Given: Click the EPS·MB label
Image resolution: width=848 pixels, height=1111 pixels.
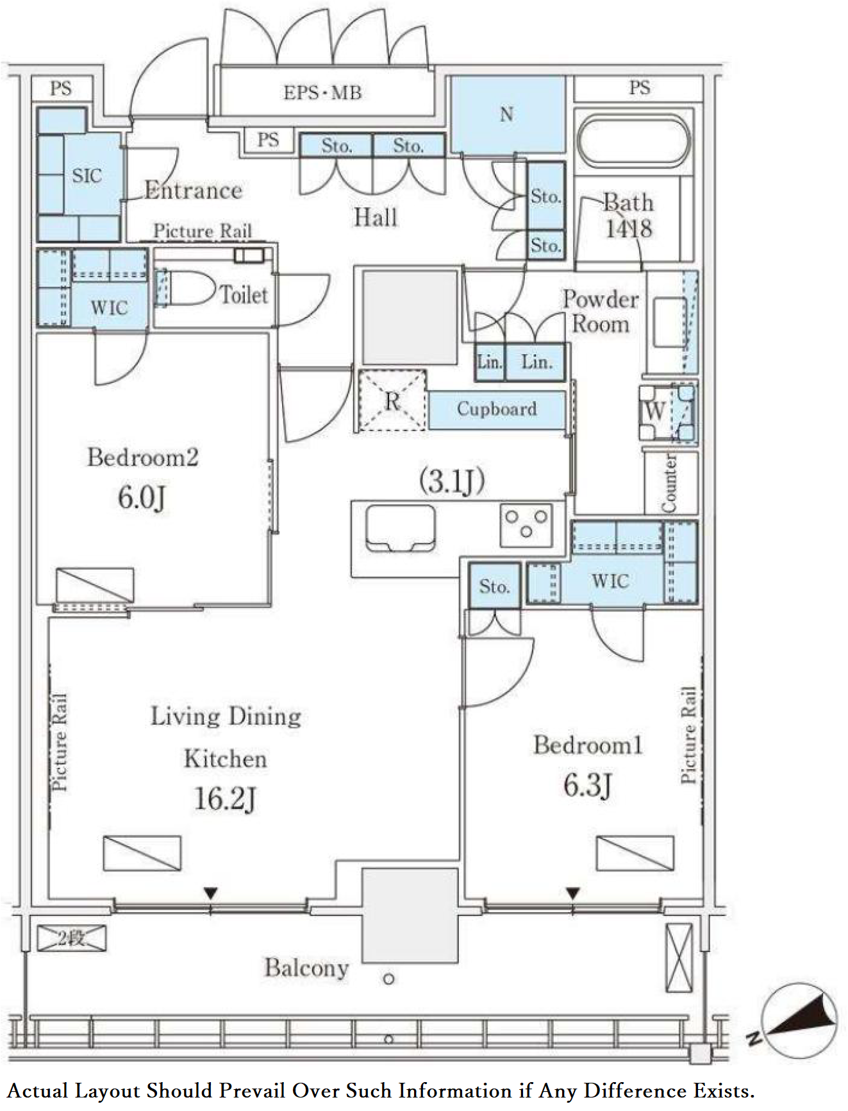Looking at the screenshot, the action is coord(322,92).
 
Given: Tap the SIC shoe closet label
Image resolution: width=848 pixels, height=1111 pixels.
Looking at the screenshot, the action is coord(87,175).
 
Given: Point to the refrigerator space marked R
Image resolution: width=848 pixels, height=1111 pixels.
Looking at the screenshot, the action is coord(392,400).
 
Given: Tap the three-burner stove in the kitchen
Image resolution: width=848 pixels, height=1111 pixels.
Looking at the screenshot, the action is coord(526,523).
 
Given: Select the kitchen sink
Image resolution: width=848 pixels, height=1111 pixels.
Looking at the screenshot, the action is coord(401,527).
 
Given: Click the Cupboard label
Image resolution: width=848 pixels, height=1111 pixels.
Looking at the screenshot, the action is coord(497,409).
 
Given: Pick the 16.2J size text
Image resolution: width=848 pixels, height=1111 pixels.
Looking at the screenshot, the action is coord(225,799).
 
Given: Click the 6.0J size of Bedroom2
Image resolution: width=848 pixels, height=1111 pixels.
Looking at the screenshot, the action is coord(142,497).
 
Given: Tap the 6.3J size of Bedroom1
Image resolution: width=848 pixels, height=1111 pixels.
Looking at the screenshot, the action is coord(588,785).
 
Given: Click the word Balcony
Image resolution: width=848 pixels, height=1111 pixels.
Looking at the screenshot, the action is coord(306,968).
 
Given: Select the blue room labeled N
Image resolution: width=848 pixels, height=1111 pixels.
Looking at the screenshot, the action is coord(508,114).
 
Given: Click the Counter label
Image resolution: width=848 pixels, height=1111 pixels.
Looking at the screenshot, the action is coord(669,483).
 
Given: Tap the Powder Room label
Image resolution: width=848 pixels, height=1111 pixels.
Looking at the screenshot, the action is coord(600,312).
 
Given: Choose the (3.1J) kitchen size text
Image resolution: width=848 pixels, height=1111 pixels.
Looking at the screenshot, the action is coord(452,480).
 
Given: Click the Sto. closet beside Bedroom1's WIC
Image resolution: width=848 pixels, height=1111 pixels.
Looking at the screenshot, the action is coord(494,586).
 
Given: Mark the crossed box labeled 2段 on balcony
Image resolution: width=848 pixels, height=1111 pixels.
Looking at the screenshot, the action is coord(71,938).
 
